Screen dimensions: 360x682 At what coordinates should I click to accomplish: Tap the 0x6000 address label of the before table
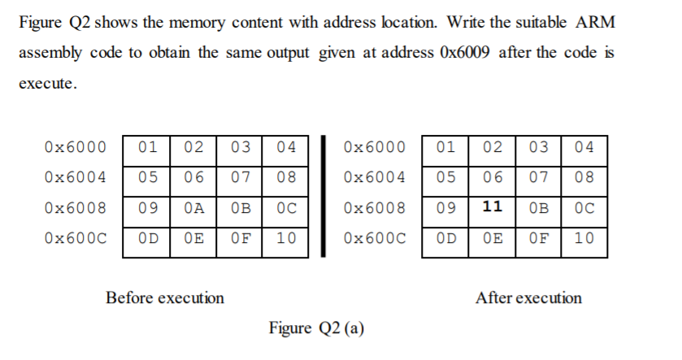(x=76, y=147)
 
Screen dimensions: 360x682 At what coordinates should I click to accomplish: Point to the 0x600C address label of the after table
(x=374, y=239)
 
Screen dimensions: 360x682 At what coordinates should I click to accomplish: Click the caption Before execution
(x=165, y=297)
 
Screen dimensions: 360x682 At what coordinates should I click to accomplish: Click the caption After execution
(x=528, y=297)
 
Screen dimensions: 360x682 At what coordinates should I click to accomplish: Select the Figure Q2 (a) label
(x=317, y=328)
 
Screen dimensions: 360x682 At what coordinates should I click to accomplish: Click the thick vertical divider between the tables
(x=324, y=195)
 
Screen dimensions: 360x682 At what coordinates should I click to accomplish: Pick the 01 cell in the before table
(x=147, y=147)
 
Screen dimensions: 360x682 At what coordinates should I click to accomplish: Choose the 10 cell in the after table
(x=584, y=239)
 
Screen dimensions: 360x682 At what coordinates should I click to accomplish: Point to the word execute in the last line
(x=46, y=84)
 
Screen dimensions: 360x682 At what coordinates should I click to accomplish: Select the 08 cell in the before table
(x=285, y=177)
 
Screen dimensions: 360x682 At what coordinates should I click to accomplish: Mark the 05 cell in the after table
(x=445, y=177)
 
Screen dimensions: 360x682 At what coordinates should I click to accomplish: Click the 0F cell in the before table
(x=239, y=239)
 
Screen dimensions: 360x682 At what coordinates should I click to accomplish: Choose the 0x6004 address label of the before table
(x=76, y=177)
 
